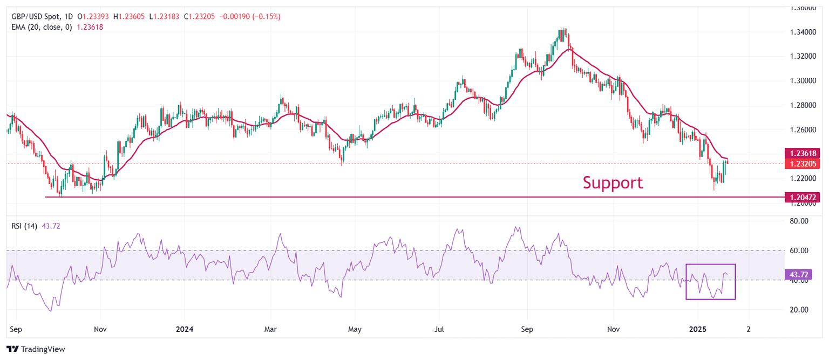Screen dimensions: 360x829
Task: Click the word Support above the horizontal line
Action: [x=613, y=183]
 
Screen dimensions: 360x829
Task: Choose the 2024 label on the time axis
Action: [x=184, y=328]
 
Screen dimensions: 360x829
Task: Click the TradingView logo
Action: [x=36, y=349]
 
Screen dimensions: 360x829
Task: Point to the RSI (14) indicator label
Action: [x=24, y=226]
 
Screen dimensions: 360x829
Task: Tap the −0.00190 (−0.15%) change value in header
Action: [x=250, y=17]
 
